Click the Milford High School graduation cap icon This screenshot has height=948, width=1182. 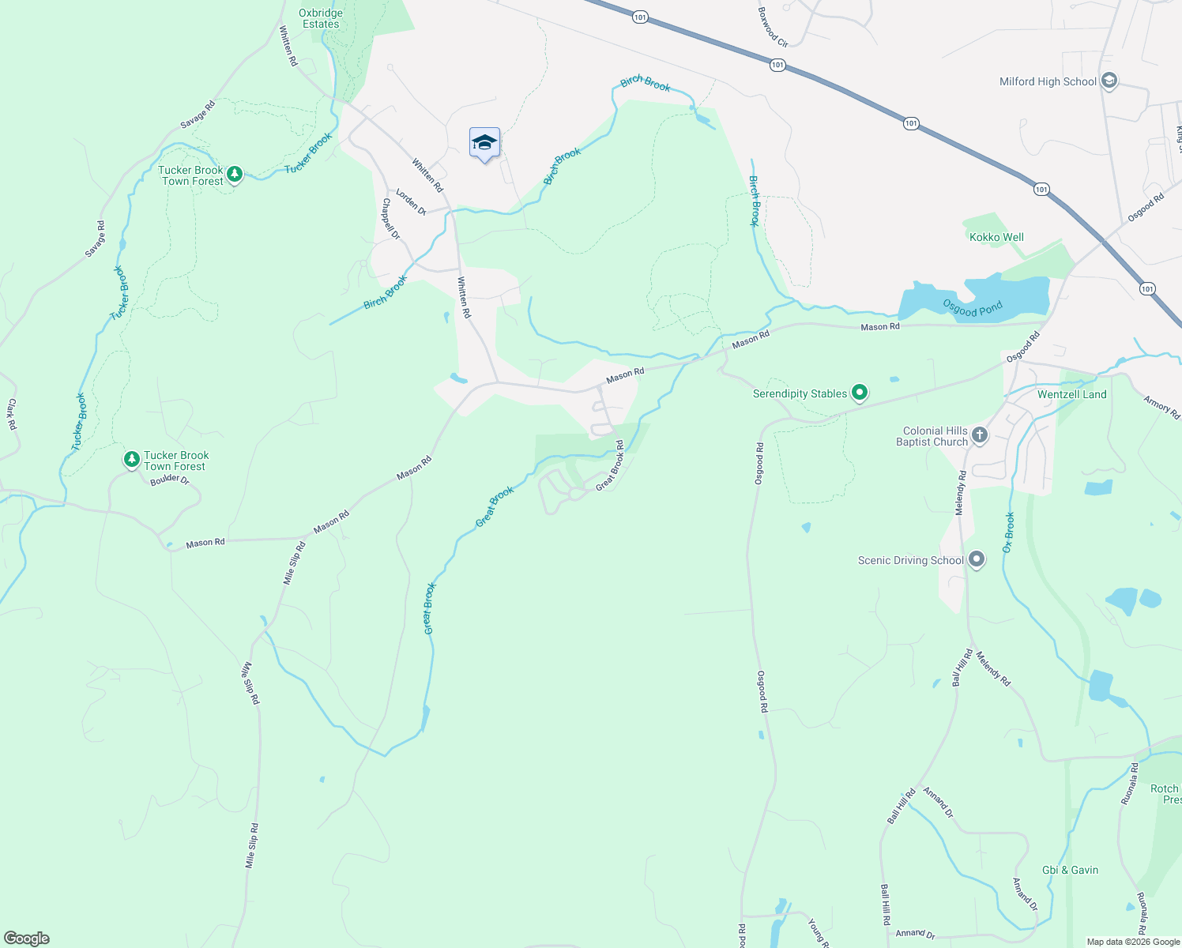click(1109, 81)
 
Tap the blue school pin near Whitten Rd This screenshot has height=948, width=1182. click(484, 144)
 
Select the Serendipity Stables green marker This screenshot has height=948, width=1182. click(860, 393)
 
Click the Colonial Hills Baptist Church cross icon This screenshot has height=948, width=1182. click(980, 435)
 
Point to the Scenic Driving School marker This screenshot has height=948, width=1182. click(977, 560)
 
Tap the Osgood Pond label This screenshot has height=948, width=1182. click(973, 308)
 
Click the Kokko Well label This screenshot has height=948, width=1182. click(996, 237)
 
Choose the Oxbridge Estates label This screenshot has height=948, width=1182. click(321, 18)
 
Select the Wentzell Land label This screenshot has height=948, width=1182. click(1071, 394)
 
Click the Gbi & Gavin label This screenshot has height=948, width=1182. click(1070, 870)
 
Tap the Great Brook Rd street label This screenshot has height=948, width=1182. click(610, 467)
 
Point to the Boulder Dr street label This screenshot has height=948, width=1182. click(170, 480)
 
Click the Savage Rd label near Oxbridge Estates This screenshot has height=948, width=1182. click(198, 115)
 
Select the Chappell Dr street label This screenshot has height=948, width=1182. click(390, 219)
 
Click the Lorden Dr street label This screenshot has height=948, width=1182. click(411, 201)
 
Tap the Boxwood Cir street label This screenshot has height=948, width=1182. click(773, 28)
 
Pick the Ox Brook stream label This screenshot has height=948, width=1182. click(1008, 532)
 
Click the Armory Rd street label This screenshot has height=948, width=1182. click(1161, 408)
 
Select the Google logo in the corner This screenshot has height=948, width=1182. click(27, 938)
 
